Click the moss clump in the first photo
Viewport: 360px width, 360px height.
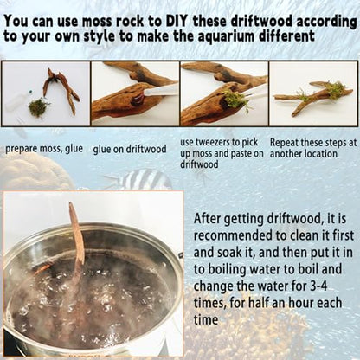coord(38,107)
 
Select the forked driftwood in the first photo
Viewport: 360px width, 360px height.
coord(61,90)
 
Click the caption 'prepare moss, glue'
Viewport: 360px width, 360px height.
coord(44,149)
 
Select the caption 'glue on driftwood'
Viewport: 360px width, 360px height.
coord(130,149)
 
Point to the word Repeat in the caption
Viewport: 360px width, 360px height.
coord(284,143)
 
